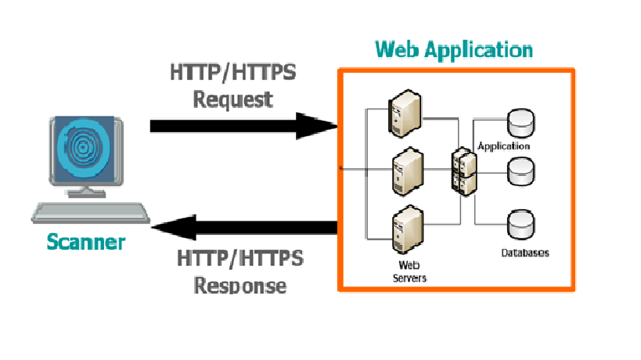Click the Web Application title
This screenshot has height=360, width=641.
(x=454, y=49)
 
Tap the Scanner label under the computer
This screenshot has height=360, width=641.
(x=85, y=241)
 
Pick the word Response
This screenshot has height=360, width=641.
(x=239, y=285)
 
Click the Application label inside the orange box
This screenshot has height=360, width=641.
(x=504, y=146)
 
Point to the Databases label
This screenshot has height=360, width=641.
(x=524, y=253)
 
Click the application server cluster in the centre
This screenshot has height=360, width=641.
(x=463, y=172)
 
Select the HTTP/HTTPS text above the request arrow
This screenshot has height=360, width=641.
(x=232, y=73)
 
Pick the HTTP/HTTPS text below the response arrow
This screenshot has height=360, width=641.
(x=239, y=258)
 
